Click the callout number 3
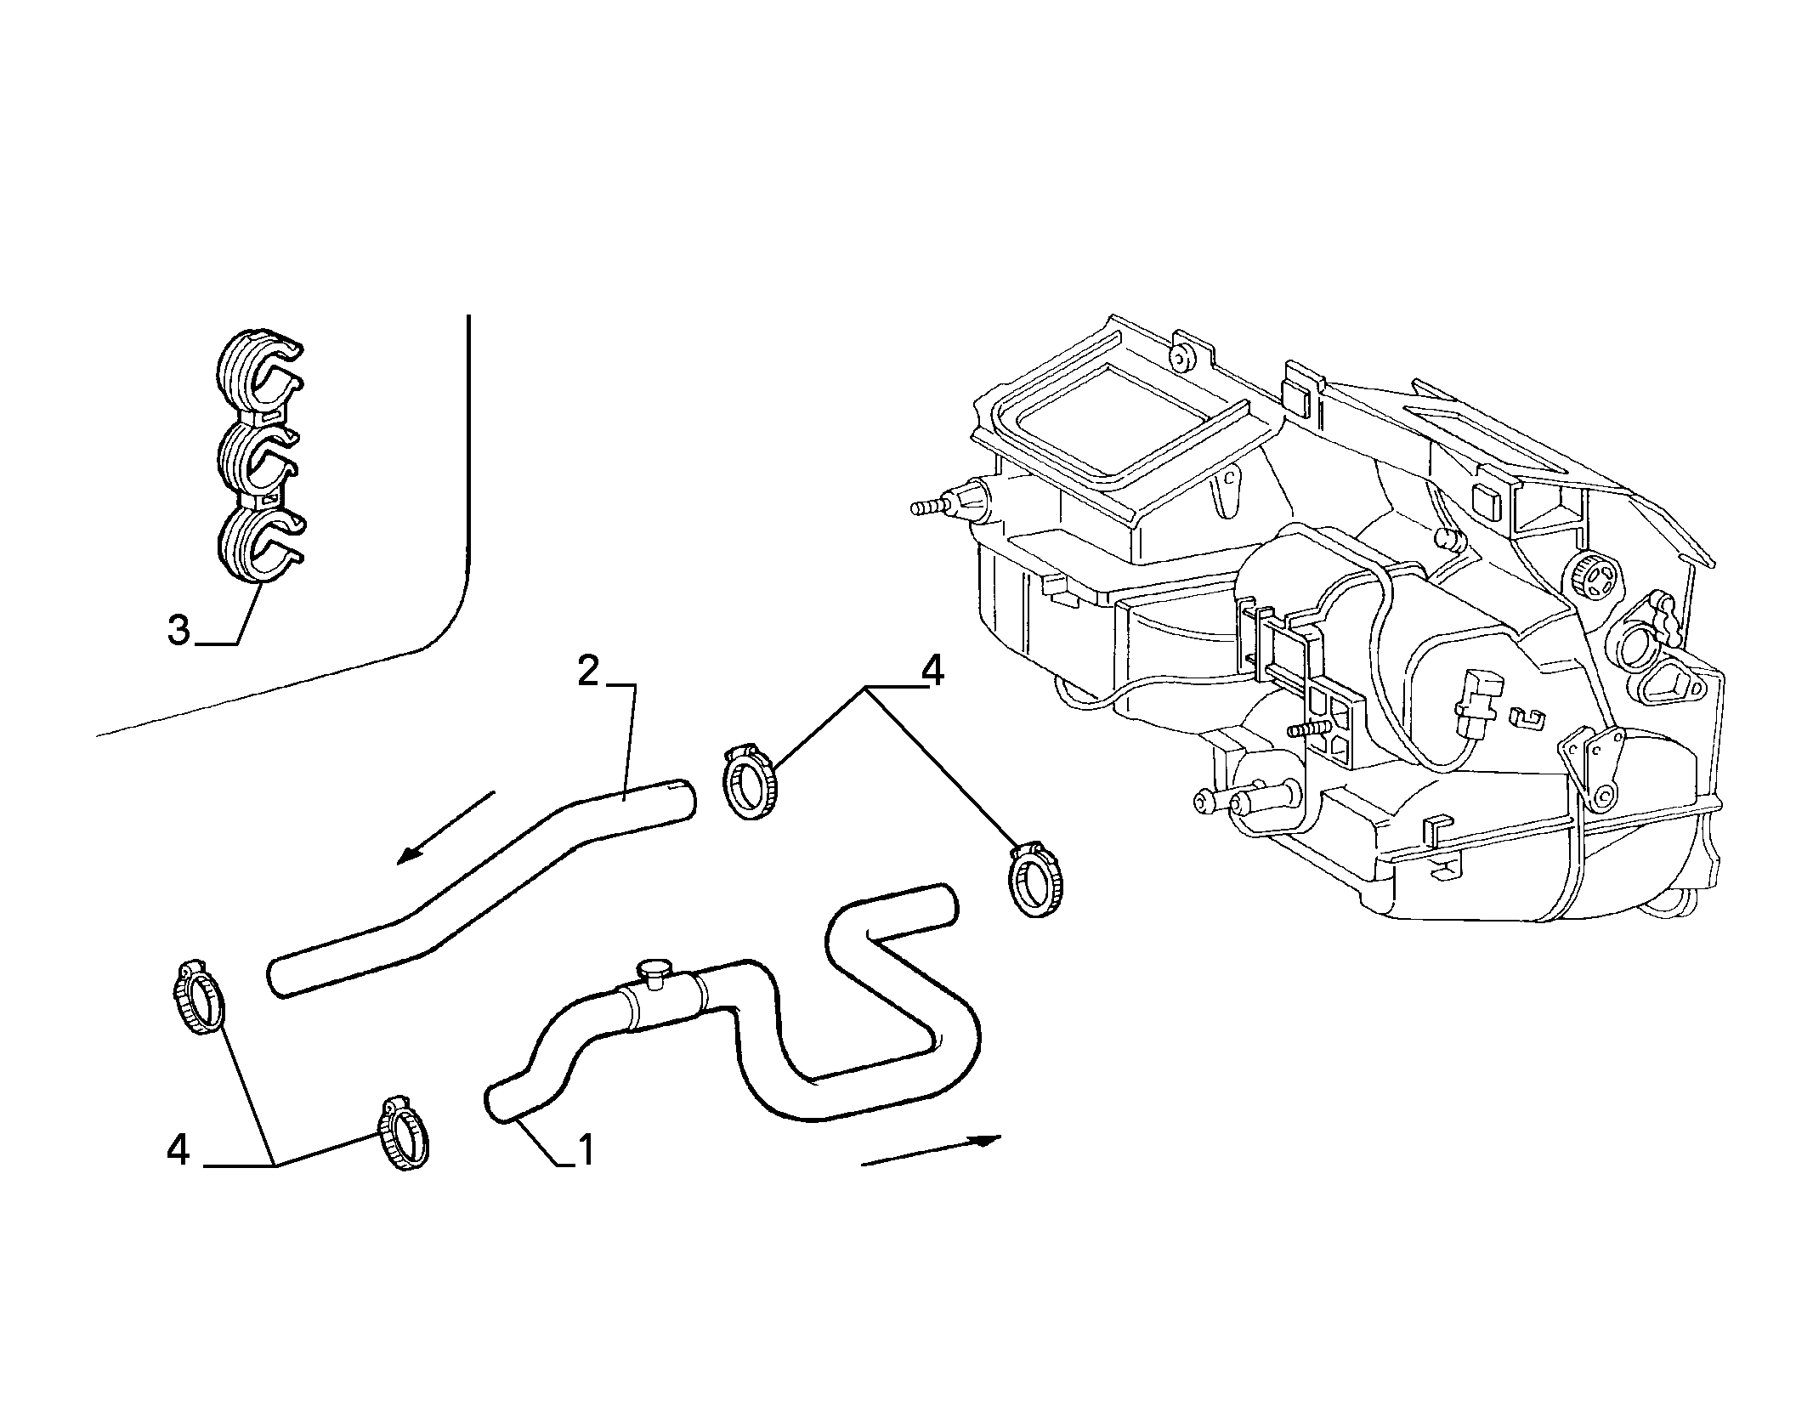[178, 632]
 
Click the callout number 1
[585, 1150]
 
